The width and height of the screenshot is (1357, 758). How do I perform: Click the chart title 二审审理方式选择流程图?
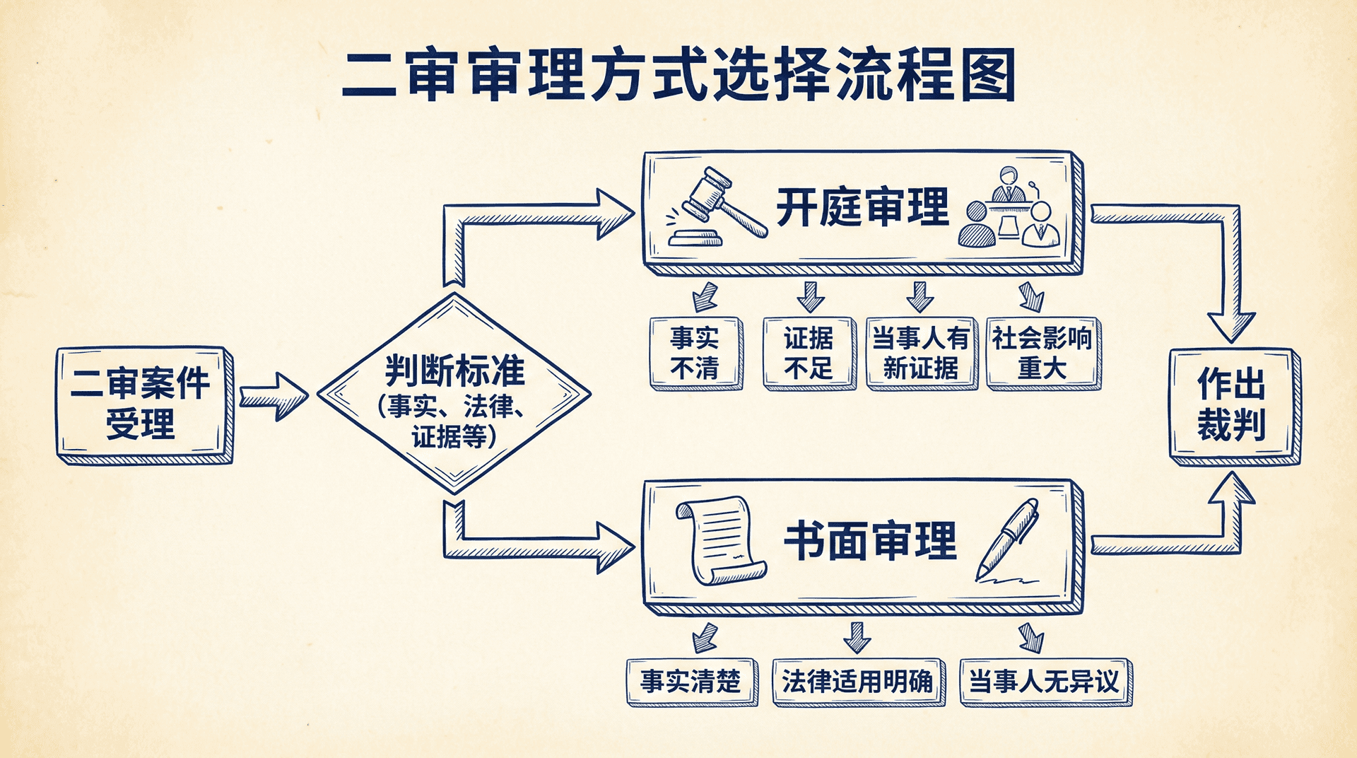pyautogui.click(x=678, y=75)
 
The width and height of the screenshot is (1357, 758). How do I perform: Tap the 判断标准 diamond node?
pyautogui.click(x=454, y=394)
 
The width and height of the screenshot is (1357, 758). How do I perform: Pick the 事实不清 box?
pyautogui.click(x=695, y=353)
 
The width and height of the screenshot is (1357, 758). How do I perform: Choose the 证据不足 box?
pyautogui.click(x=809, y=353)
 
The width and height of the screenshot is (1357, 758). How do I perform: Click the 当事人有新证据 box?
pyautogui.click(x=921, y=353)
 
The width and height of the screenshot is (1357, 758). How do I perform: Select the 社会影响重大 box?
pyautogui.click(x=1042, y=353)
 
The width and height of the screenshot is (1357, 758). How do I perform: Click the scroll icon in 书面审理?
pyautogui.click(x=720, y=540)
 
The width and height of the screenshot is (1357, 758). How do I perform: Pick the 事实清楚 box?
pyautogui.click(x=691, y=682)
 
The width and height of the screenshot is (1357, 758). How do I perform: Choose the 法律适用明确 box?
pyautogui.click(x=858, y=682)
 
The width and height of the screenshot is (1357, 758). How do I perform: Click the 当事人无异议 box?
pyautogui.click(x=1045, y=682)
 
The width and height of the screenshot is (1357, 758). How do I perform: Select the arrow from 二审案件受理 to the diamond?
pyautogui.click(x=274, y=397)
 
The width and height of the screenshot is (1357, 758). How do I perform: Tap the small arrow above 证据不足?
pyautogui.click(x=811, y=297)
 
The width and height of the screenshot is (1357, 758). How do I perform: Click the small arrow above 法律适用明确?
pyautogui.click(x=857, y=637)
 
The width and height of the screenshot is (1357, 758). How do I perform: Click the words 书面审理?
pyautogui.click(x=870, y=542)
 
